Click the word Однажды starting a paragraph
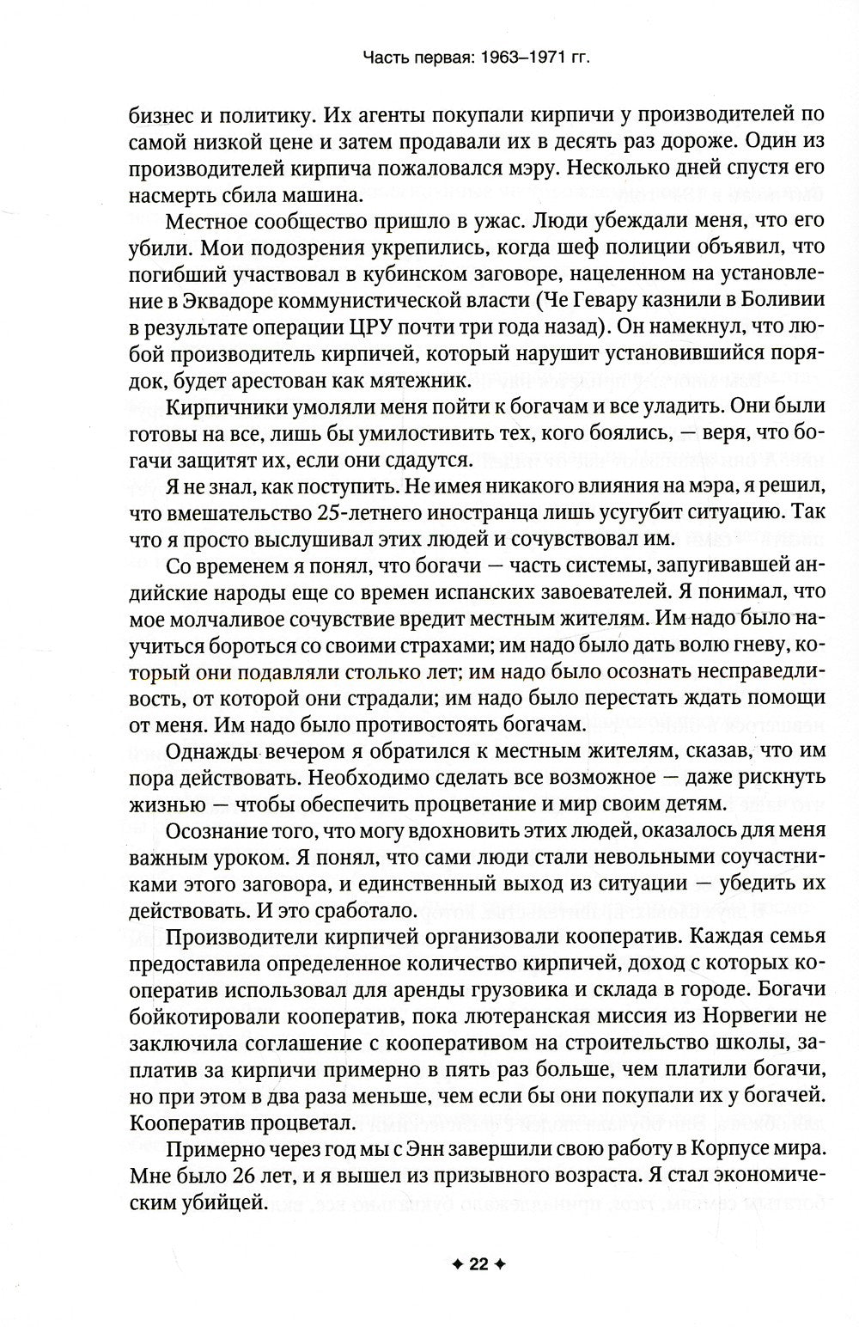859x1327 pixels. click(x=212, y=752)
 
